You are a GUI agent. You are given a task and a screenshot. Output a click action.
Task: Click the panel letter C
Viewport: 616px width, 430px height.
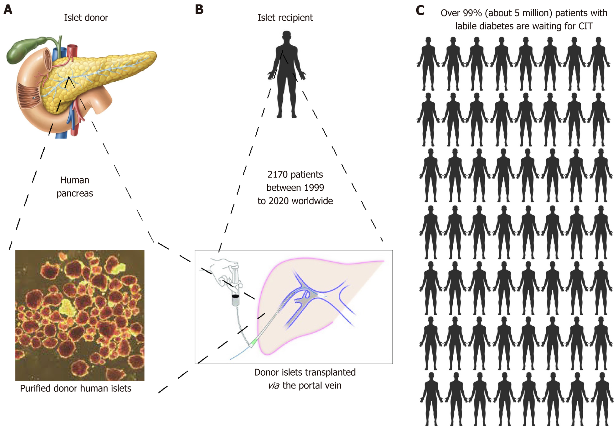[x=420, y=11]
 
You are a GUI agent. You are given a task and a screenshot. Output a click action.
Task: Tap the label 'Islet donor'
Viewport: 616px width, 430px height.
[x=86, y=18]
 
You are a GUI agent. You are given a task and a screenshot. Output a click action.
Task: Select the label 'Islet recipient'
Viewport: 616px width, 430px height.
[x=285, y=18]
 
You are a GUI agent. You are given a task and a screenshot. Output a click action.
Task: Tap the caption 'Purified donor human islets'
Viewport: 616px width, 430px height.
[x=76, y=388]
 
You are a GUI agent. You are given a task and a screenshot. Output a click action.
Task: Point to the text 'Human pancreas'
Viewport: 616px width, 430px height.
[x=75, y=187]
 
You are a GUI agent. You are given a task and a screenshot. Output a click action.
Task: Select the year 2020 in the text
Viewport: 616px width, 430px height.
[x=279, y=201]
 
